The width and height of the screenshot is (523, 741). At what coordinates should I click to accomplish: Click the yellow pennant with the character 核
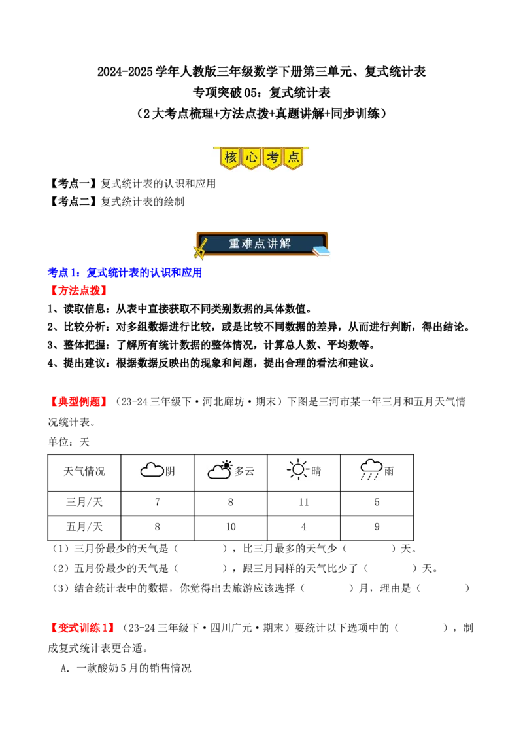[x=230, y=158]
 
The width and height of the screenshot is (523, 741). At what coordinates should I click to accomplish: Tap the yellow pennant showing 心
[x=251, y=158]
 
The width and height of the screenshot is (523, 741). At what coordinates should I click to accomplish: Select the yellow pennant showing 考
[x=273, y=158]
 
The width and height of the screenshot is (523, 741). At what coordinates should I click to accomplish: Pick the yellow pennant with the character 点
[x=294, y=158]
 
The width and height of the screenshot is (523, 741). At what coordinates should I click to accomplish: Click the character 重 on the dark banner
[x=235, y=244]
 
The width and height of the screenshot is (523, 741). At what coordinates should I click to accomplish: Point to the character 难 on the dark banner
[x=249, y=244]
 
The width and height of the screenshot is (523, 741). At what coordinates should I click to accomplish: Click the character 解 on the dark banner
[x=286, y=244]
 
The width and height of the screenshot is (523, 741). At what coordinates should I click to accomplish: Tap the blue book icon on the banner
[x=320, y=250]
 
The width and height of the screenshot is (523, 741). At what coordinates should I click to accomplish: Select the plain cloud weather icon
[x=152, y=470]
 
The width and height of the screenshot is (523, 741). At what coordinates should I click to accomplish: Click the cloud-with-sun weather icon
[x=220, y=469]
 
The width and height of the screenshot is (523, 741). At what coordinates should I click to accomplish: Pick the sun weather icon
[x=298, y=469]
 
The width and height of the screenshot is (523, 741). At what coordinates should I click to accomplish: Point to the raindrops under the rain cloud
[x=370, y=477]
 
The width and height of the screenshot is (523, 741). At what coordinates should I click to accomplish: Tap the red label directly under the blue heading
[x=78, y=291]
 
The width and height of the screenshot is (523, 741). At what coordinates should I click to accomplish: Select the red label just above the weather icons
[x=78, y=401]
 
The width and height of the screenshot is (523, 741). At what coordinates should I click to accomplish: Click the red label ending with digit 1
[x=82, y=627]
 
